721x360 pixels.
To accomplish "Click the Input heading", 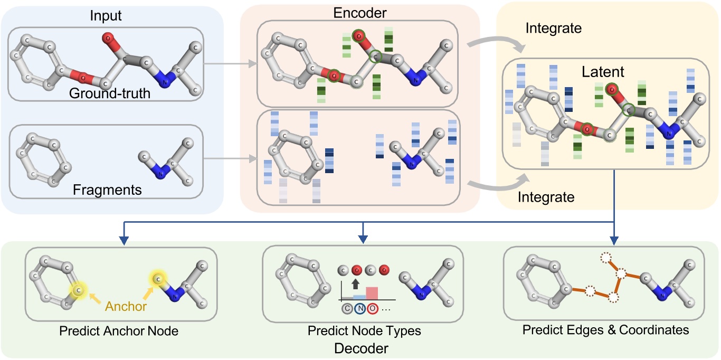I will [x=107, y=15].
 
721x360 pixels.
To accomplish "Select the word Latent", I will [x=604, y=72].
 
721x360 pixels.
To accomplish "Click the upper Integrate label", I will [x=553, y=29].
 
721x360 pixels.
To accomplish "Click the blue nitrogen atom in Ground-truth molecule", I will [x=164, y=81].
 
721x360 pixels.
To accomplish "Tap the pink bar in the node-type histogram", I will [x=372, y=293].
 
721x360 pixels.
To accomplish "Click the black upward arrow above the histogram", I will [x=355, y=283].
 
